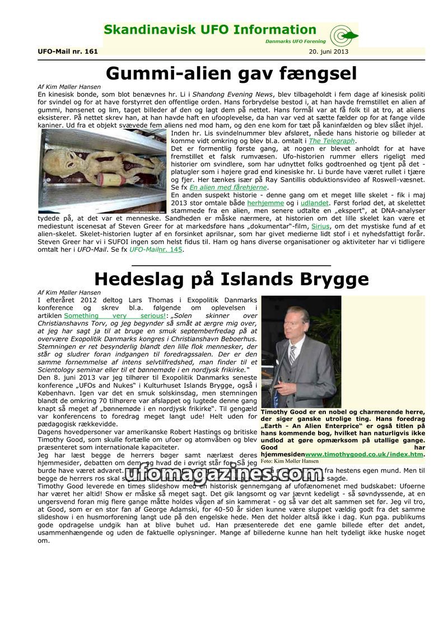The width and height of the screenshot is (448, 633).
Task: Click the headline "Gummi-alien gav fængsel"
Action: [231, 73]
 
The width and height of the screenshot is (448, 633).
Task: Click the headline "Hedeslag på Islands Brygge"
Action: [231, 278]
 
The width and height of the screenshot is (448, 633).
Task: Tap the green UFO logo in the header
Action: [342, 36]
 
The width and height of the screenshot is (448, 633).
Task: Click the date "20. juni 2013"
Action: [328, 51]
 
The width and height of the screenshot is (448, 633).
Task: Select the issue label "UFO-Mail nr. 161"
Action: [68, 51]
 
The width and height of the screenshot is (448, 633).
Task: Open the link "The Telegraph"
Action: [332, 141]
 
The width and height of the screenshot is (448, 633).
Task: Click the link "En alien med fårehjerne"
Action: [228, 187]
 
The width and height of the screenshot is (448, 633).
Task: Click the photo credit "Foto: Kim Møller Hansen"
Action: [290, 461]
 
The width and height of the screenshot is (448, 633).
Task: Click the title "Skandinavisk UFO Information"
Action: [210, 30]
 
